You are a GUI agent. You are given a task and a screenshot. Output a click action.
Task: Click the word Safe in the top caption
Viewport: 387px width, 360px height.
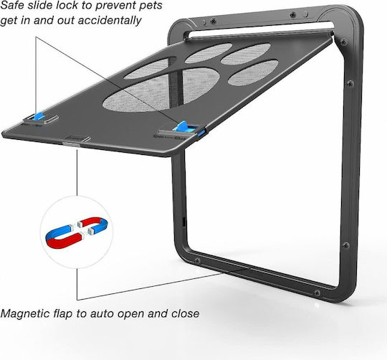pyautogui.click(x=12, y=6)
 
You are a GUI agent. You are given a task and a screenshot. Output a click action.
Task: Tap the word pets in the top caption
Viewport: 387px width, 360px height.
pyautogui.click(x=150, y=6)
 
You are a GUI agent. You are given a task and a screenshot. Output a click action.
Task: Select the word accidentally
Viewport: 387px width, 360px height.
pyautogui.click(x=110, y=20)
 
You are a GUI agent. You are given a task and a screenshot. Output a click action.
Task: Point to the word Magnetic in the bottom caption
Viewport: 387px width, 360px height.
pyautogui.click(x=25, y=314)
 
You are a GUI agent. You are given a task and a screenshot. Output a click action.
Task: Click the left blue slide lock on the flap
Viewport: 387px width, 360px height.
pyautogui.click(x=39, y=116)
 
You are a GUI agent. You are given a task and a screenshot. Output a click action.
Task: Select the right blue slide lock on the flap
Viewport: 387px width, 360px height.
pyautogui.click(x=183, y=126)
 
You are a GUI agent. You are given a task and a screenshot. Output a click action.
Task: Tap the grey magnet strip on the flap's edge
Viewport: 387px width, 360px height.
pyautogui.click(x=72, y=144)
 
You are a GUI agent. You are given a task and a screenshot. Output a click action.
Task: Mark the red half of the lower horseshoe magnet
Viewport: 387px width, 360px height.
pyautogui.click(x=65, y=242)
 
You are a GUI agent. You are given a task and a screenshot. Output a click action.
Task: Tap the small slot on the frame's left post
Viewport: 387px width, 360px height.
pyautogui.click(x=184, y=221)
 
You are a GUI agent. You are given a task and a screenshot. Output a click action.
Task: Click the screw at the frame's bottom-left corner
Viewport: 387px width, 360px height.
pyautogui.click(x=197, y=260)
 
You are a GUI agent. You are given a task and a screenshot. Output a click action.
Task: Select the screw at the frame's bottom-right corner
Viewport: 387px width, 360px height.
pyautogui.click(x=317, y=293)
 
